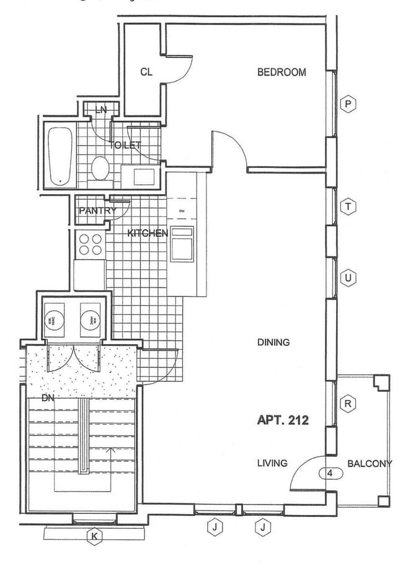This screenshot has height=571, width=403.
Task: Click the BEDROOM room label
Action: tap(281, 73)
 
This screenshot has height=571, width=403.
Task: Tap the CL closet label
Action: tap(146, 73)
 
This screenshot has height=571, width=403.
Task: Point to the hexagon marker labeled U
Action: tap(349, 278)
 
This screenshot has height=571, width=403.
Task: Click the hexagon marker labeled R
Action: tap(349, 404)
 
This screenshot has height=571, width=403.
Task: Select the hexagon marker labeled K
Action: tap(95, 538)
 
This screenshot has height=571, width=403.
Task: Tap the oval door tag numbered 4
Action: tap(330, 474)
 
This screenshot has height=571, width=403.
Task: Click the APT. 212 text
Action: tap(283, 420)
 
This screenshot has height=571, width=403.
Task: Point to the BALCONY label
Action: tap(370, 463)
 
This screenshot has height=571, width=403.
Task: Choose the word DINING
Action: tap(273, 342)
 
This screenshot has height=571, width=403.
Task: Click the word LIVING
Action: tap(272, 463)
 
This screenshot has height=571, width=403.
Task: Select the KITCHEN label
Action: tap(148, 234)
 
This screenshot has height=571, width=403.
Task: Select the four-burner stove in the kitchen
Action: tap(90, 244)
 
